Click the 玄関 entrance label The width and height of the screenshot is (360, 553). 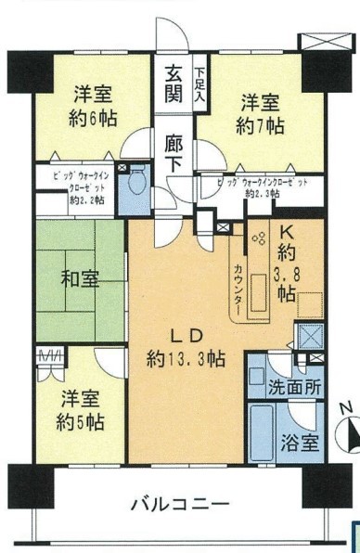174,81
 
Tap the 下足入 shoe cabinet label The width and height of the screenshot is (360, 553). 200,82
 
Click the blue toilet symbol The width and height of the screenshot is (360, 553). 140,178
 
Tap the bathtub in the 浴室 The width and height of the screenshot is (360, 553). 267,431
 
